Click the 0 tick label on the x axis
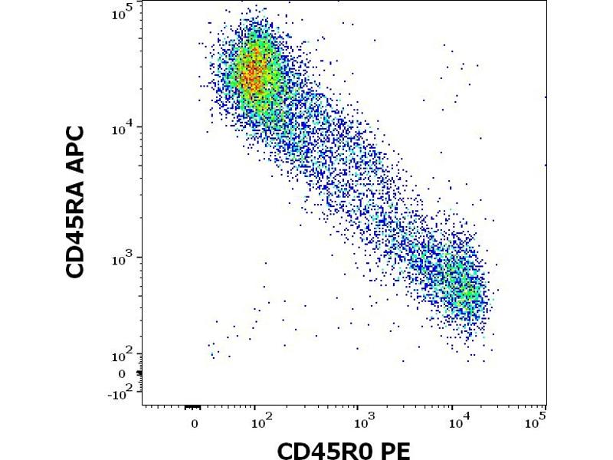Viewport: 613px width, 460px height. pyautogui.click(x=195, y=421)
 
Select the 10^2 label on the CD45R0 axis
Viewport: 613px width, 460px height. pyautogui.click(x=260, y=419)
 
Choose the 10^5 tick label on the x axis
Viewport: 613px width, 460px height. pyautogui.click(x=539, y=419)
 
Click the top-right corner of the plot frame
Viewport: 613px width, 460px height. pyautogui.click(x=546, y=2)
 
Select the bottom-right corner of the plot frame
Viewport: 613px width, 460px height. pyautogui.click(x=546, y=404)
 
